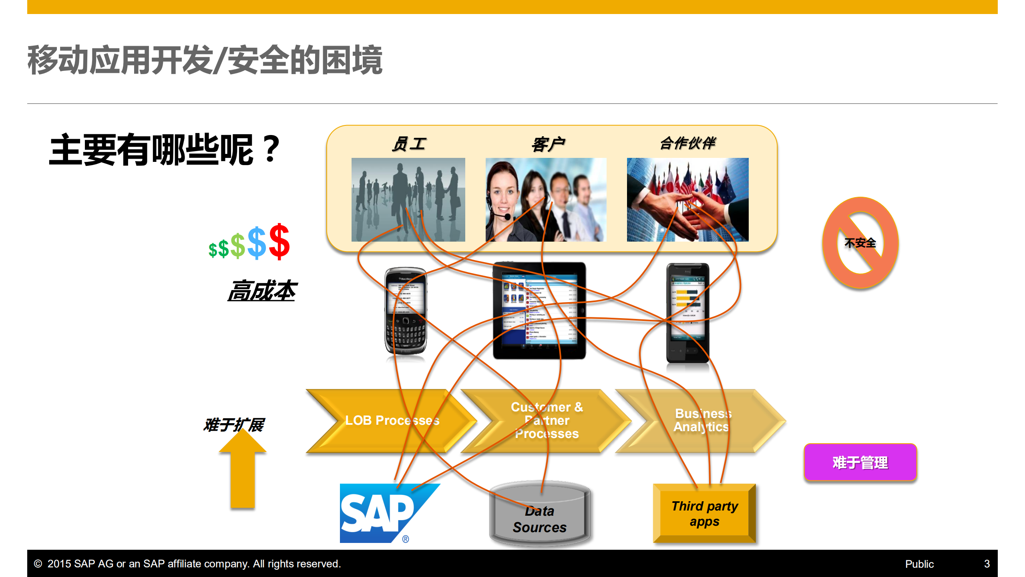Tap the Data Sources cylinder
(539, 515)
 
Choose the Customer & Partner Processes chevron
(547, 421)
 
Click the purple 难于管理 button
(860, 462)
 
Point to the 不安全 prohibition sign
(860, 243)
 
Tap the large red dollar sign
(279, 242)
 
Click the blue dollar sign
(257, 244)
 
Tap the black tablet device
(539, 311)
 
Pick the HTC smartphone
(687, 313)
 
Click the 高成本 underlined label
(262, 291)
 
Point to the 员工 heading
(409, 144)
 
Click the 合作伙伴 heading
(687, 143)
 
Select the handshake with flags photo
(687, 200)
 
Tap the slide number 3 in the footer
(987, 564)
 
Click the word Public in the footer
(919, 564)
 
